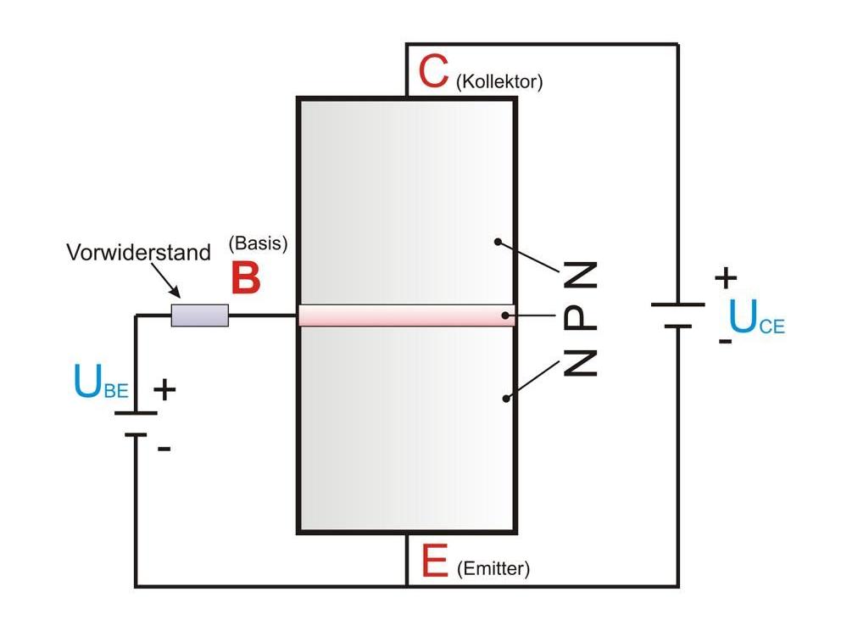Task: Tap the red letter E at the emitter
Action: (435, 561)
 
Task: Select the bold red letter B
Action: (245, 278)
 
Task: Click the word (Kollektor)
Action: (498, 82)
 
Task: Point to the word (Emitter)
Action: (493, 569)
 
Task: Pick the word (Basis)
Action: (259, 243)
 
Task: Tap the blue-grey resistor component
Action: (200, 315)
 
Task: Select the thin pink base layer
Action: (407, 315)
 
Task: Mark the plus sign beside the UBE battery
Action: (164, 390)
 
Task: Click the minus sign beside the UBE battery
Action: (164, 447)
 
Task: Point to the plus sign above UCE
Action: (726, 276)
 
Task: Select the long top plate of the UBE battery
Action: (136, 414)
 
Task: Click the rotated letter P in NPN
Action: (582, 316)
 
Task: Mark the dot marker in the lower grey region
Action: (506, 397)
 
